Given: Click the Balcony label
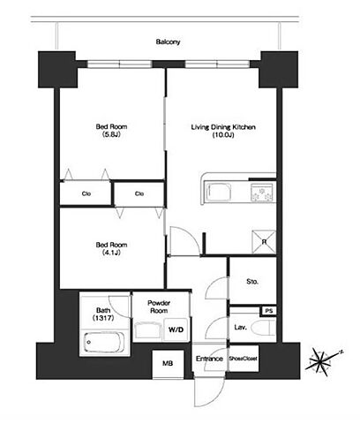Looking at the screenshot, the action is (168, 42).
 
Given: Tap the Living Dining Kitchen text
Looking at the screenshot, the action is (223, 127).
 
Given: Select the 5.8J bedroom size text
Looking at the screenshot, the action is (111, 135).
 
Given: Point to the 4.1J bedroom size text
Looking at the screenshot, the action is (111, 253).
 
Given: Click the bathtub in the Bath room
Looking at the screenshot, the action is (104, 342).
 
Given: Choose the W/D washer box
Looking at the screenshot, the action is (176, 329).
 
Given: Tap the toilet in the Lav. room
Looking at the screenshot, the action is (265, 327).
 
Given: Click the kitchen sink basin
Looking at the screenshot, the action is (219, 192).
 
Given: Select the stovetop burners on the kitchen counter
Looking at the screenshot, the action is (262, 193).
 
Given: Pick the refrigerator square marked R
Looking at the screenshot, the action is (264, 242).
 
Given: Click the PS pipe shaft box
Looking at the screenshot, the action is (269, 311).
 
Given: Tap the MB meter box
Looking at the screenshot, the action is (168, 364).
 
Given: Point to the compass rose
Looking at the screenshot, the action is (323, 361).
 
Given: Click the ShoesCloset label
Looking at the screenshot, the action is (244, 359).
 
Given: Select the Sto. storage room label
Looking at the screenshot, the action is (252, 282).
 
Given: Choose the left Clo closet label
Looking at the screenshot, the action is (86, 193).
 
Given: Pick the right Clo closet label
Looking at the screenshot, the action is (139, 193).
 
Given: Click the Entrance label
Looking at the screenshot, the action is (209, 359).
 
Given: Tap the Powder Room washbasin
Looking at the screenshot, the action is (147, 329).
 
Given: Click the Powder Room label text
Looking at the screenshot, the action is (159, 307).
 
